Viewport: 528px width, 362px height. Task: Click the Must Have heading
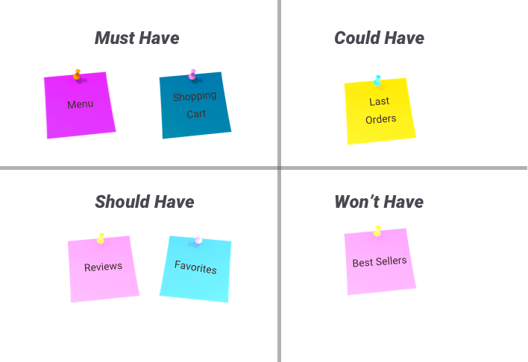(137, 38)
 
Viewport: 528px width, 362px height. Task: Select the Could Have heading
(379, 38)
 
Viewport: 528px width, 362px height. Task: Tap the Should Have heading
(145, 202)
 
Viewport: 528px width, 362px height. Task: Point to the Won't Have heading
(379, 202)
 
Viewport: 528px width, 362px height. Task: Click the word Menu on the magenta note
(80, 104)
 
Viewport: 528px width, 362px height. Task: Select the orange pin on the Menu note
(77, 73)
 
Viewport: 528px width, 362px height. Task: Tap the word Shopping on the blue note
(195, 96)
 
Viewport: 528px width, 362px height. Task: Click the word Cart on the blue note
(196, 114)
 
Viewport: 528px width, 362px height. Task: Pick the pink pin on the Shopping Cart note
(192, 73)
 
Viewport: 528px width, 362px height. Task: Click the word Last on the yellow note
(379, 101)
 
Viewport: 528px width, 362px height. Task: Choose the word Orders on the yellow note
(380, 118)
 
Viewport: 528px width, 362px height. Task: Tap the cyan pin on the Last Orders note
(377, 79)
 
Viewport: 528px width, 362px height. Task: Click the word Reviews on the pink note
(103, 267)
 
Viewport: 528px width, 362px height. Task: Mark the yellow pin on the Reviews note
(101, 238)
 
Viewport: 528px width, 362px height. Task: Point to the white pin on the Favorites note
(198, 238)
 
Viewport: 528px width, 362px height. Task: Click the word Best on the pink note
(362, 263)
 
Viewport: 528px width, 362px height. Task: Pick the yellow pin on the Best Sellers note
(377, 230)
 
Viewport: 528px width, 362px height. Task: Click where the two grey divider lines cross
(279, 168)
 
